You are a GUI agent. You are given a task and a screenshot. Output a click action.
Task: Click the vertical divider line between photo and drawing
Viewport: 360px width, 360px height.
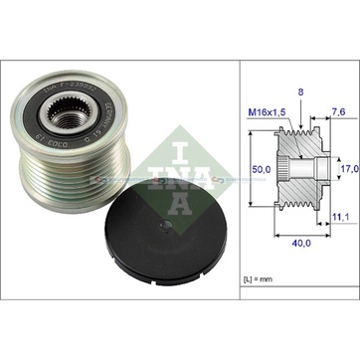coord(238,179)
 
